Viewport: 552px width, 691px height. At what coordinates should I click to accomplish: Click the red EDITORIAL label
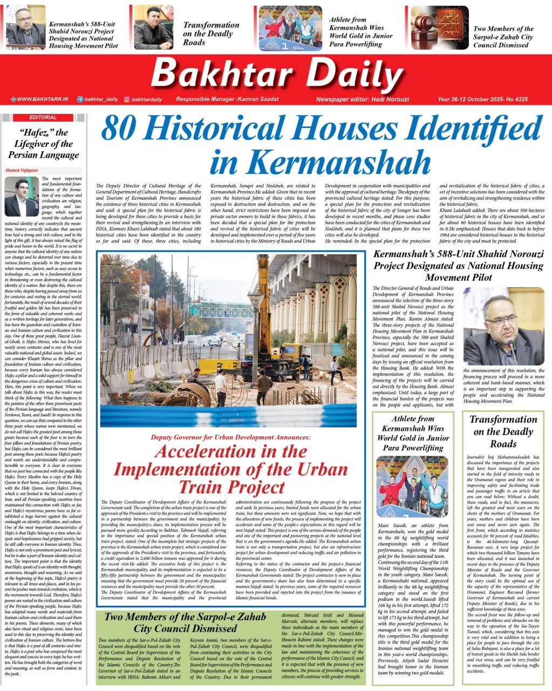43,117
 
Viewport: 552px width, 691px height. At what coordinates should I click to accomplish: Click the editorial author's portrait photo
22,197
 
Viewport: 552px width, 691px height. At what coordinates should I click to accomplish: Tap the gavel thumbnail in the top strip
439,28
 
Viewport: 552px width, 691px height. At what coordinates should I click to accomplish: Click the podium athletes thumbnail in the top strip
290,29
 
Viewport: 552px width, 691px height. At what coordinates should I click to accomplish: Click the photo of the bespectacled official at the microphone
504,330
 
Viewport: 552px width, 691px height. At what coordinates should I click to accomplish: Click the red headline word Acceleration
230,451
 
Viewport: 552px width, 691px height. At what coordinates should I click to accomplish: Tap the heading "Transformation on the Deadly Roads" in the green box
503,431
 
